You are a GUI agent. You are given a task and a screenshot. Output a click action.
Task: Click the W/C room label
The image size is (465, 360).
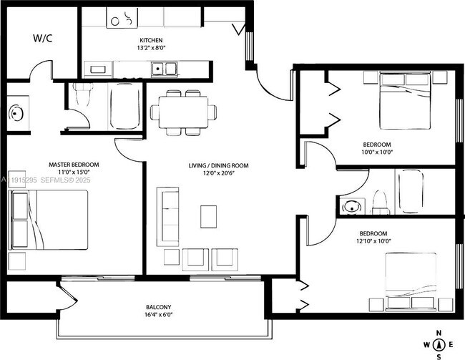pos(43,39)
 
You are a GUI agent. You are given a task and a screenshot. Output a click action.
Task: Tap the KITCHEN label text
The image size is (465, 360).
pos(150,40)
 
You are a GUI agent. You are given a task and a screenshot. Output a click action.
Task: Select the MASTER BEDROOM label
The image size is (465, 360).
pos(74,165)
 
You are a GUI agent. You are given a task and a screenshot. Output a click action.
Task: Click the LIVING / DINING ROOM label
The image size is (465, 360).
pos(218,165)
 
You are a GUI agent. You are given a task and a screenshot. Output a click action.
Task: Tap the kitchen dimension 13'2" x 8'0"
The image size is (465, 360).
pos(150,49)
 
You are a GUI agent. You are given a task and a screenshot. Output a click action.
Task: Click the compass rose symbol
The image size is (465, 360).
pos(439,344)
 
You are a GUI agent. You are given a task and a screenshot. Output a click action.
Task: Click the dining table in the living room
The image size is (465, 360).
pos(183,112)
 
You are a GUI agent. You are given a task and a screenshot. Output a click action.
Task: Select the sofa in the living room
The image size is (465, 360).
pos(169,216)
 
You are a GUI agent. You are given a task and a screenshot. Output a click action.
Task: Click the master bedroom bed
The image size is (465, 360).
pos(49,223)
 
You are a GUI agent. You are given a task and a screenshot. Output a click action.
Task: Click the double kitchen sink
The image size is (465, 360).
pos(165,69)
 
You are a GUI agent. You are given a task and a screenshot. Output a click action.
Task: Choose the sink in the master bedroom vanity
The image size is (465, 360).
pos(16,113)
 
